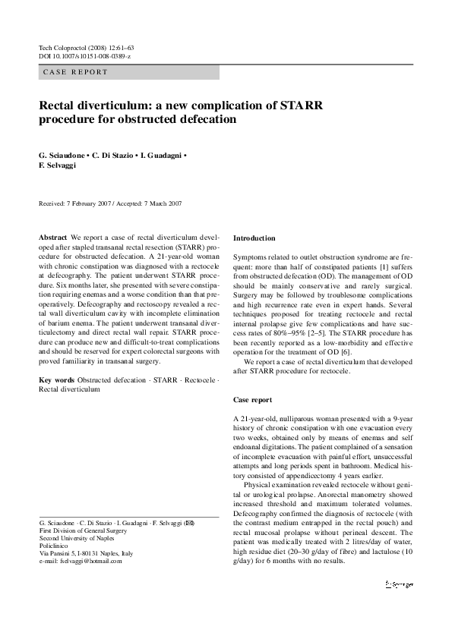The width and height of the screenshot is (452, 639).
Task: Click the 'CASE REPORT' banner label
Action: coord(75,73)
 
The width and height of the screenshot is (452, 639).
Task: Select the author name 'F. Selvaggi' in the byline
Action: coord(58,164)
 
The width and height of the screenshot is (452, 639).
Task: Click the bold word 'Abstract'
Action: coord(52,238)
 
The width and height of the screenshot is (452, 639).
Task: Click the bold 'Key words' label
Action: coord(56,379)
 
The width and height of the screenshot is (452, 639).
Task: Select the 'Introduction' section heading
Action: coord(254,238)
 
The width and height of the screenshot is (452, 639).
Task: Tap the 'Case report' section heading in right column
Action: coord(253,399)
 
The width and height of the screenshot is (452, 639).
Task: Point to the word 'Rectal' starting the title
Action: coord(60,105)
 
